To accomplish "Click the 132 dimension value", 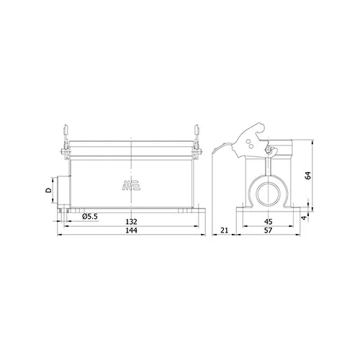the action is tap(131, 222).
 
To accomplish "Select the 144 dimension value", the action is tap(131, 230).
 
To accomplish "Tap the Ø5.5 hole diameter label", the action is tap(90, 217).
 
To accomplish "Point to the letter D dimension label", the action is tap(49, 191).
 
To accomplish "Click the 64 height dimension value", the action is tap(307, 176).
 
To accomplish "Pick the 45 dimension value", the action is tap(268, 222).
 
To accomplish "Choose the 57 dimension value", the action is tap(268, 230).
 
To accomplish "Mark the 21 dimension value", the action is tap(224, 230).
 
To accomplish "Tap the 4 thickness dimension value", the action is tap(304, 218).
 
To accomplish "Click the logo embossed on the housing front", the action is tap(131, 185).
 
